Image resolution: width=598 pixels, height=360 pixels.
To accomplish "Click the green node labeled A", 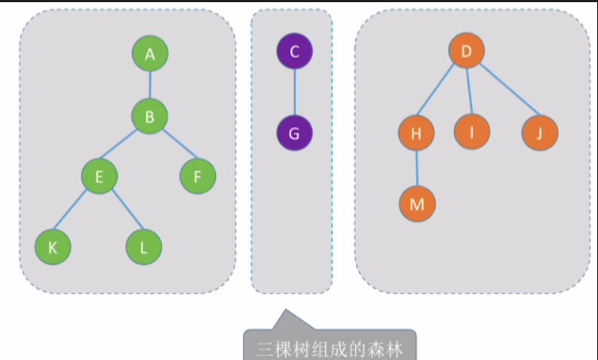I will [x=150, y=54].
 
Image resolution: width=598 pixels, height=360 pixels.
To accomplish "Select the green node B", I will [x=149, y=116].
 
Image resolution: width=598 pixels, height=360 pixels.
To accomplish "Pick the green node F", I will [x=198, y=177].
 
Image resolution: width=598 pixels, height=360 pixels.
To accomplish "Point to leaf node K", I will [x=53, y=247].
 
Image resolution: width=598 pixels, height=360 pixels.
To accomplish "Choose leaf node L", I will [x=143, y=247].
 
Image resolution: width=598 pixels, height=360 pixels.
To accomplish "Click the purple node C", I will [x=294, y=51].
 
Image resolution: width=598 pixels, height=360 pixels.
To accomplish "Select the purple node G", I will [x=294, y=133].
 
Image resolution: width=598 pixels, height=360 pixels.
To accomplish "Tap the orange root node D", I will [x=466, y=51].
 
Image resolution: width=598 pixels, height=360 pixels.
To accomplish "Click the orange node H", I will [x=416, y=134].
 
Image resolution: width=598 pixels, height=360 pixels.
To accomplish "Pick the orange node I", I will [x=471, y=133].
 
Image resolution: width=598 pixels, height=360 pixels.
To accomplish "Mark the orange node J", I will [x=539, y=134].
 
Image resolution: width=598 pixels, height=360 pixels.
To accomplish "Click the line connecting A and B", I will [x=150, y=85].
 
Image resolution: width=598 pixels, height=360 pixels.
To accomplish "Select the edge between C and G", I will [x=294, y=92].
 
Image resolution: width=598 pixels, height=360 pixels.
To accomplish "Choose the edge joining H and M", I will [x=417, y=168].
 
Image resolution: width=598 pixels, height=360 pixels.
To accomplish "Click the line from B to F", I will [x=174, y=147].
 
